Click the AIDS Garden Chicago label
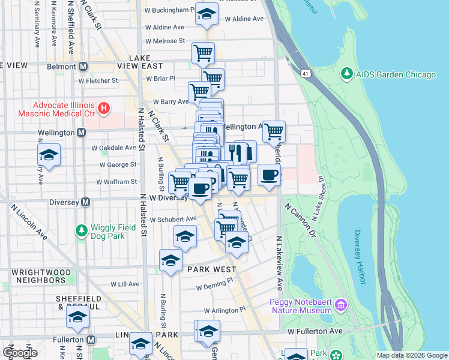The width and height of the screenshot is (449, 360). [x=396, y=74]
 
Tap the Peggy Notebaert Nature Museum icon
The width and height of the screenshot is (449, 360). [x=341, y=305]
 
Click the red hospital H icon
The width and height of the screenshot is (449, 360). [x=104, y=109]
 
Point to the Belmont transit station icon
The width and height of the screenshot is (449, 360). [x=83, y=66]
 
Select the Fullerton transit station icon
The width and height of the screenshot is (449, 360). [x=91, y=340]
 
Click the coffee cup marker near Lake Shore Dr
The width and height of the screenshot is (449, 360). [x=269, y=175]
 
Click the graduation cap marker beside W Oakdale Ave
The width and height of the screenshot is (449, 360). [x=49, y=154]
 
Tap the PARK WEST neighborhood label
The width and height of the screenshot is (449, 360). [x=210, y=269]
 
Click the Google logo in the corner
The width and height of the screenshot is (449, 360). [x=19, y=352]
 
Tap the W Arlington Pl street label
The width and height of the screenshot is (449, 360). [x=224, y=311]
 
